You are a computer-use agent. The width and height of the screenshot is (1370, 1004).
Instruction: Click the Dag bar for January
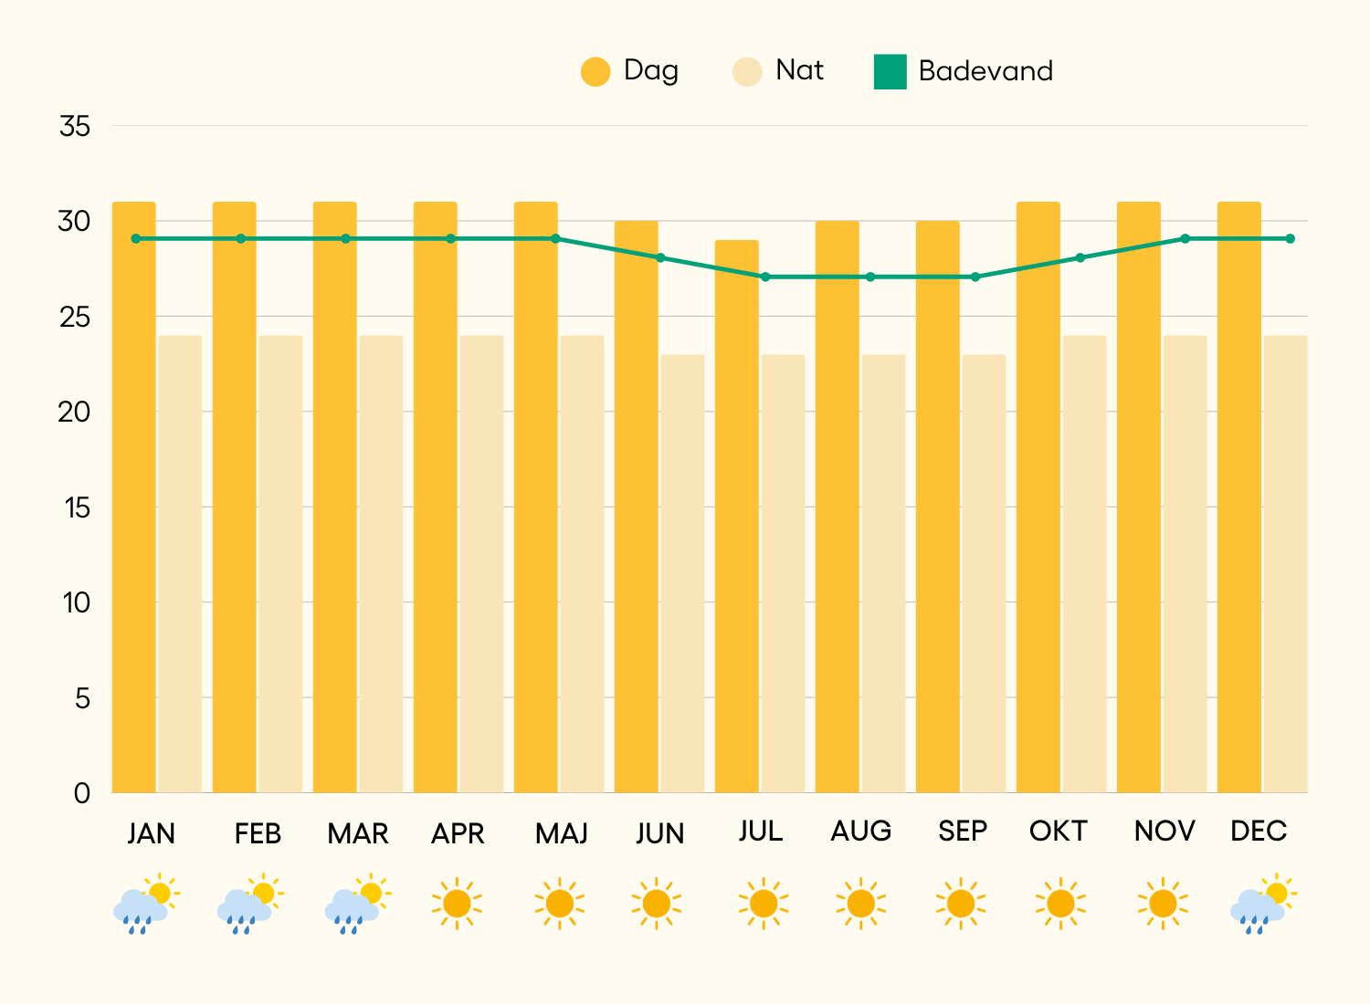[134, 497]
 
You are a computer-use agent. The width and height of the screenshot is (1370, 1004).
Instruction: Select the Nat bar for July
[783, 573]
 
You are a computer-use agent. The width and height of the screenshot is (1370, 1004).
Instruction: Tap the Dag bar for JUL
[737, 517]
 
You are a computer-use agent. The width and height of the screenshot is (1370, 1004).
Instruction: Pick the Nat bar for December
[1285, 564]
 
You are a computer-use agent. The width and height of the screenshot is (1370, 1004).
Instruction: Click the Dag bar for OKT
[1038, 497]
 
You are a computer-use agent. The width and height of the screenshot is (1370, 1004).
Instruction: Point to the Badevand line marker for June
[660, 257]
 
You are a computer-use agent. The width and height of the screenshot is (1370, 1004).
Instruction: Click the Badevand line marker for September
[975, 277]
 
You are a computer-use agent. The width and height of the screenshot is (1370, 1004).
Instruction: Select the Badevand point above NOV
[1185, 238]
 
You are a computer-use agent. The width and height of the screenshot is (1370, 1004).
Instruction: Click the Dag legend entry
[595, 71]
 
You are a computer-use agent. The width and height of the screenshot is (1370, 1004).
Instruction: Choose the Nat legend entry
[747, 71]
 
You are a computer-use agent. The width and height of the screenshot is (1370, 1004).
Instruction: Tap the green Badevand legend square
[890, 71]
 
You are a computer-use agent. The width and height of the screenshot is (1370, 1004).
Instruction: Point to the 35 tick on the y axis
[75, 126]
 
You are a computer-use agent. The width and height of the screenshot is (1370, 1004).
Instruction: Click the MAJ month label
[561, 833]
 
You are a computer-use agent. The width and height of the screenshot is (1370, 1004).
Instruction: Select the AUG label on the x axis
[860, 831]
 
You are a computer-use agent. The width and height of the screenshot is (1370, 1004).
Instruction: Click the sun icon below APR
[457, 904]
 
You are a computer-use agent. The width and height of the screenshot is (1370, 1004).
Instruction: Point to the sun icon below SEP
[961, 904]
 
